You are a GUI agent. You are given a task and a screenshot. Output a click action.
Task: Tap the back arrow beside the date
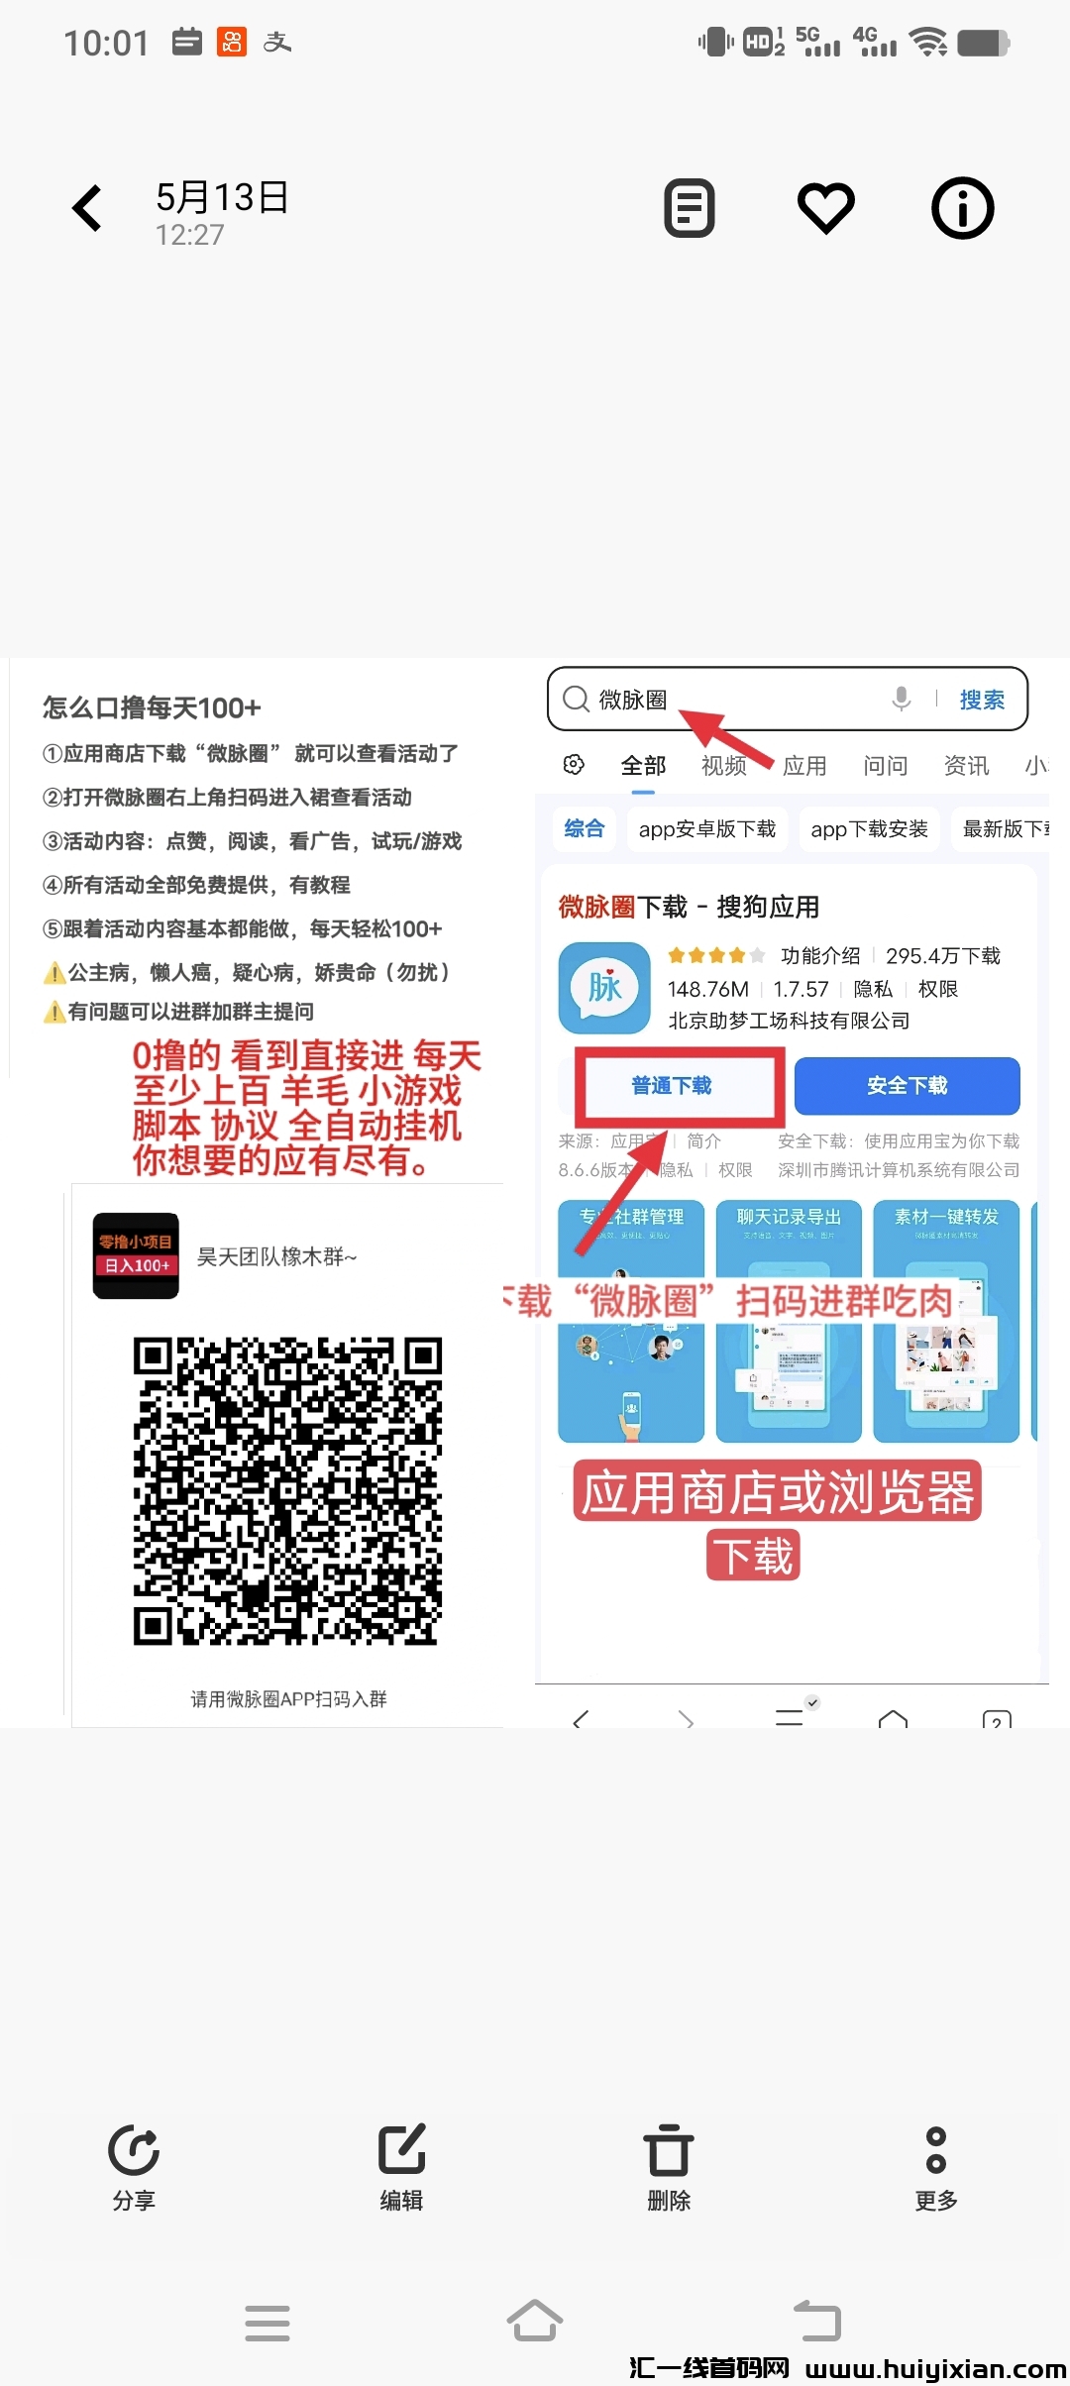87,208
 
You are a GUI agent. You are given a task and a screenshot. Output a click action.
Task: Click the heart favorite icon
826,208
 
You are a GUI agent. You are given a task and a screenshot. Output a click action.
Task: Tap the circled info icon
962,208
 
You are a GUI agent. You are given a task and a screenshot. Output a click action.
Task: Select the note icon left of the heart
690,208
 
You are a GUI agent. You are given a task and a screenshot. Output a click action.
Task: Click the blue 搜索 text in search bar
982,700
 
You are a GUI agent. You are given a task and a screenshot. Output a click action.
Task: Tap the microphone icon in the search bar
901,699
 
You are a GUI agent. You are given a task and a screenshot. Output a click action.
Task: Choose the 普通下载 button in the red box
672,1086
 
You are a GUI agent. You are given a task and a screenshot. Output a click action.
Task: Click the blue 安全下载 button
907,1086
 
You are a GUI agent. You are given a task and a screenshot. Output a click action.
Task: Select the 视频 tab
724,766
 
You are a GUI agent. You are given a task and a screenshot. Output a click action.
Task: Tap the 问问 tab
885,766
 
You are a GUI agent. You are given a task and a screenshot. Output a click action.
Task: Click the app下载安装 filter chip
869,829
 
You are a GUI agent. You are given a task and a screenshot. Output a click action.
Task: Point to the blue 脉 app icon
604,988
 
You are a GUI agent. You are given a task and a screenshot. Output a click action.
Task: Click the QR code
287,1491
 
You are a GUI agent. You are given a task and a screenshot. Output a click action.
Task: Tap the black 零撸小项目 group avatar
136,1255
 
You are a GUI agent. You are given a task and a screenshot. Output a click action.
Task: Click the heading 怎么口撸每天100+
152,707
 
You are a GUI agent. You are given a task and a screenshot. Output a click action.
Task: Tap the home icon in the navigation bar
535,2322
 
